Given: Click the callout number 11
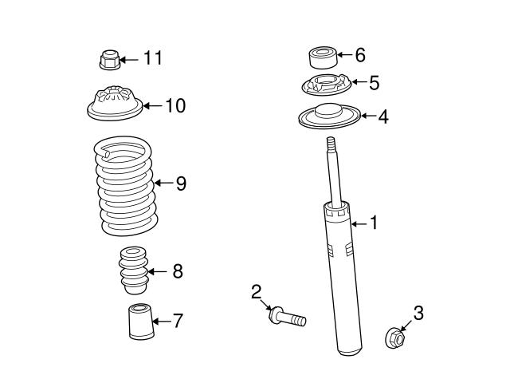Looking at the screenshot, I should pos(152,57).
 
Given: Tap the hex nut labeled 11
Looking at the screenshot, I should pos(110,59).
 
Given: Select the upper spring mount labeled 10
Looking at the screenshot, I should pos(111,103).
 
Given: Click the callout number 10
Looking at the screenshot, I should pos(175,105).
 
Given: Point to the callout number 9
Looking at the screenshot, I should pos(181,184).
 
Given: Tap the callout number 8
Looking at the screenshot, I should pos(177,271).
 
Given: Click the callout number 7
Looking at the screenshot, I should pos(178,321).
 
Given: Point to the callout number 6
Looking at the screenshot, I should pos(360,55).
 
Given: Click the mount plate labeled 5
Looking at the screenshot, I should pos(324,84).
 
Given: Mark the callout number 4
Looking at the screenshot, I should pos(383,117).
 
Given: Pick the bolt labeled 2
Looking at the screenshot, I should pos(288,318).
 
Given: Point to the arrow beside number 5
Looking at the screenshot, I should pos(357,82).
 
